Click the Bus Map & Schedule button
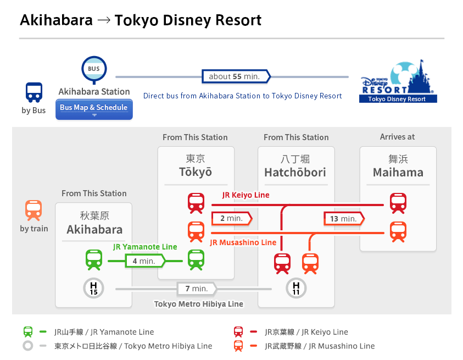[94, 108]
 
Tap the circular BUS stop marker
[94, 69]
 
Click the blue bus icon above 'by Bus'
[34, 92]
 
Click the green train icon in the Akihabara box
[94, 260]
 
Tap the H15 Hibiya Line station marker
[94, 288]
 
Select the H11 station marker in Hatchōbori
[297, 288]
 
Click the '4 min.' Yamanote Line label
[144, 261]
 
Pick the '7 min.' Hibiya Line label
[196, 289]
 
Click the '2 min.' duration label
[231, 218]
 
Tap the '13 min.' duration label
[344, 218]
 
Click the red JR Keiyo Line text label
[246, 195]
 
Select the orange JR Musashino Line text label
[243, 242]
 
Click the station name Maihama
[398, 173]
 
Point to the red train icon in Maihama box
[398, 203]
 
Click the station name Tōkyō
[196, 172]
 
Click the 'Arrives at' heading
[398, 137]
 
